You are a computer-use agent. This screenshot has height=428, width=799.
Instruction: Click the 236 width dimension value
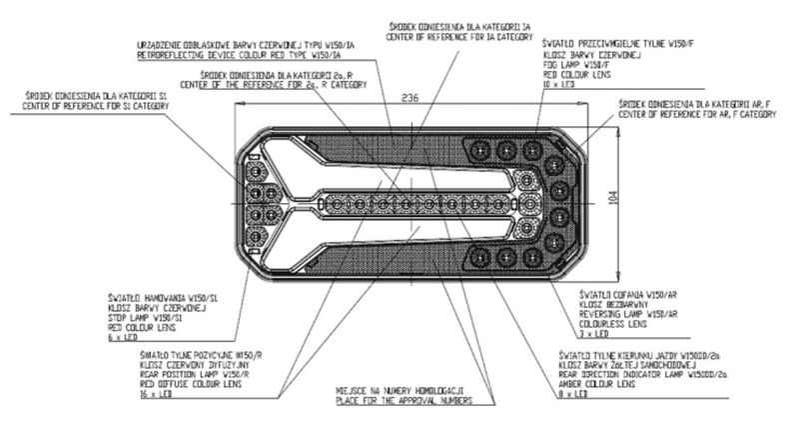coord(409,99)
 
